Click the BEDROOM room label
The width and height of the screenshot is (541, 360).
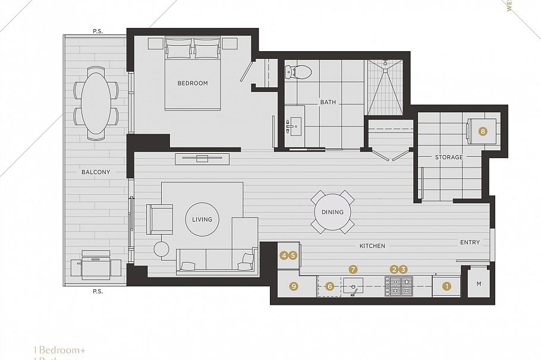pos(193,83)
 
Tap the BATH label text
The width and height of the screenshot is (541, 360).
pos(328,102)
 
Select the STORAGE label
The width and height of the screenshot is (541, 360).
pos(449,157)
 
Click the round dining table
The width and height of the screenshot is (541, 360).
pos(332,212)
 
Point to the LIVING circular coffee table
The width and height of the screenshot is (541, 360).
pos(202,219)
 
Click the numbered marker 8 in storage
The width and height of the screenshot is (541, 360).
pos(483,132)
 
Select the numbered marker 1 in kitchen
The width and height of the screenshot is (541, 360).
pos(447,286)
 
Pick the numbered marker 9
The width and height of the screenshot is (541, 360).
pos(293,286)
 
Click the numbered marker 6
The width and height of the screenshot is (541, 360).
pos(330,286)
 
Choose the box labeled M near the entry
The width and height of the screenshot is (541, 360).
pos(479,285)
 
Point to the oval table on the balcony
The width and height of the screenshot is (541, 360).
pos(95,103)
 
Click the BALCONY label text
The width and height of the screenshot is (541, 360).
pos(96,172)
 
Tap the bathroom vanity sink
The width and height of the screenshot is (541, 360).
pos(294,127)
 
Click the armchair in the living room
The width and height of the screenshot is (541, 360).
pos(159,219)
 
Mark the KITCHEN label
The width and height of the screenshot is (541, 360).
pos(372,246)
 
